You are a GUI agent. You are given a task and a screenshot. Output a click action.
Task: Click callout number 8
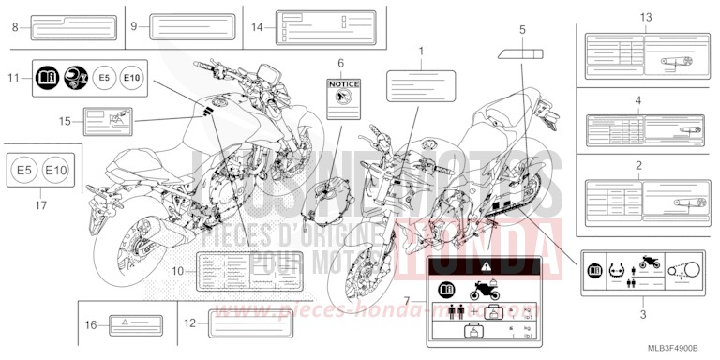pyautogui.click(x=15, y=27)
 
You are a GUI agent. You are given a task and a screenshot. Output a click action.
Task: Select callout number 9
pyautogui.click(x=134, y=26)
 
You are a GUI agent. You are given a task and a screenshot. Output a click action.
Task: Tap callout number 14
pyautogui.click(x=257, y=28)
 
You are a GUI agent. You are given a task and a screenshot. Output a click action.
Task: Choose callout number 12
pyautogui.click(x=189, y=323)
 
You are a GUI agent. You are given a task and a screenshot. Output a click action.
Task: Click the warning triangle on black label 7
pyautogui.click(x=479, y=267)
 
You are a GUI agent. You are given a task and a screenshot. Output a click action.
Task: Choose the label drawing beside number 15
pyautogui.click(x=109, y=122)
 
